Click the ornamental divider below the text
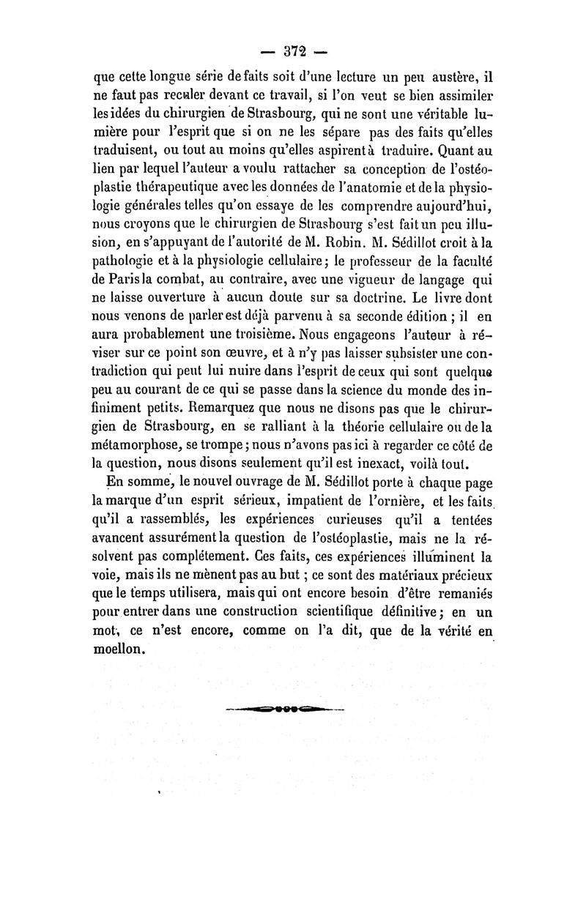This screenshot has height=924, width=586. pos(285,709)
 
